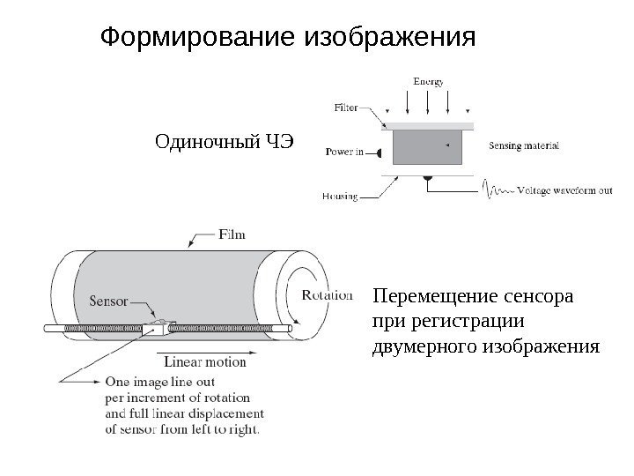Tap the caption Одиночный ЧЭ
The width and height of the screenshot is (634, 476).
[x=222, y=141]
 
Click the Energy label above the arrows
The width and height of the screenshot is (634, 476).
[x=429, y=82]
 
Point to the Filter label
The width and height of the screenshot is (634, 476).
[x=346, y=108]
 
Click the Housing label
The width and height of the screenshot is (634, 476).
[x=340, y=197]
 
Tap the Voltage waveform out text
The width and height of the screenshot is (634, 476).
[x=564, y=190]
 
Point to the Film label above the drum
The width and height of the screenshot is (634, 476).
[x=231, y=234]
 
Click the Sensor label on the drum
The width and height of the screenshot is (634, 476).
[x=109, y=300]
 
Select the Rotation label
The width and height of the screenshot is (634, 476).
[x=327, y=295]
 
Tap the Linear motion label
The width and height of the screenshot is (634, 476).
[x=205, y=362]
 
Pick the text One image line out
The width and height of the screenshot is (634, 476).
[x=160, y=383]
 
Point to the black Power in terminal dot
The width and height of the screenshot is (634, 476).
[x=381, y=152]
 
